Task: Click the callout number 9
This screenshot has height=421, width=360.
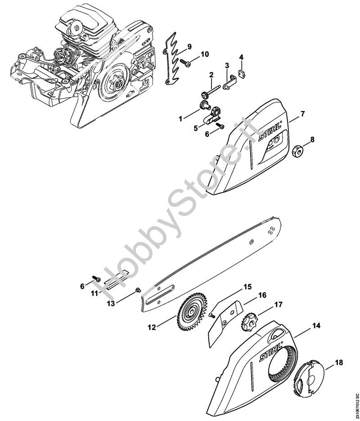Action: [189, 46]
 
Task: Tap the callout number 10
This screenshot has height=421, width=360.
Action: [205, 54]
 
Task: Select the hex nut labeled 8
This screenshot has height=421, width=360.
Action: [297, 152]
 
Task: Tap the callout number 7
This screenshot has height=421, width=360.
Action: [303, 113]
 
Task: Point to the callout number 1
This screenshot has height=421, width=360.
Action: [180, 119]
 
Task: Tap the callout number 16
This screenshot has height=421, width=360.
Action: [262, 295]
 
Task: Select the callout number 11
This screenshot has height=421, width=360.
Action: [94, 294]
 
